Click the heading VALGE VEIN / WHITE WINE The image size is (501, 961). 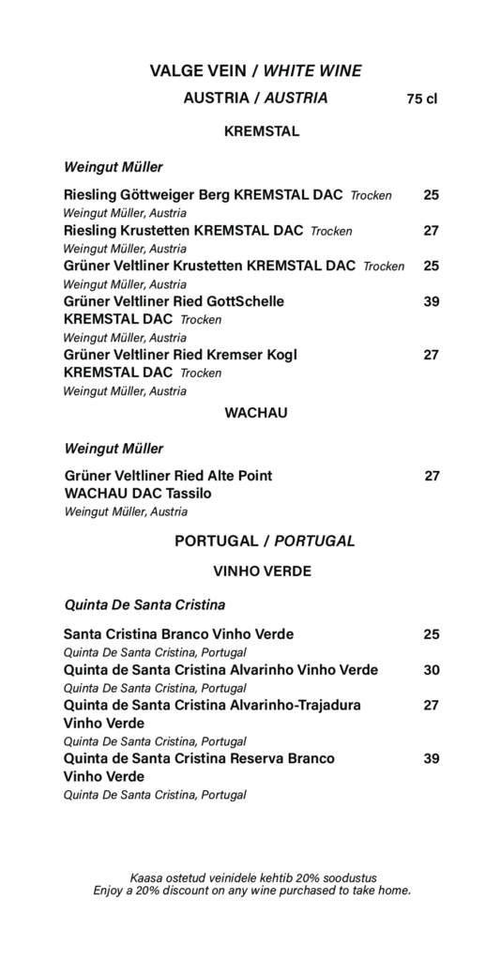(x=255, y=70)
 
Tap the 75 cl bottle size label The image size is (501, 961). (x=422, y=99)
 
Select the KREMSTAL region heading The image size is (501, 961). (x=262, y=132)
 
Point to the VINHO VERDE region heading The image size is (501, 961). (x=262, y=571)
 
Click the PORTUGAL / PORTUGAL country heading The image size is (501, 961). (x=265, y=542)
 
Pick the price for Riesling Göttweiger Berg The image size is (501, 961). (x=431, y=195)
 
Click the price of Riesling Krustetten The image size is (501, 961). (x=431, y=231)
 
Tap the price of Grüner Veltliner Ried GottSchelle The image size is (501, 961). (x=431, y=301)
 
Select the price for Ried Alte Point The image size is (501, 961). (x=432, y=476)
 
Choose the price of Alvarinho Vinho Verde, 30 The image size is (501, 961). (x=431, y=670)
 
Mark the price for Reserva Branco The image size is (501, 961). (x=431, y=758)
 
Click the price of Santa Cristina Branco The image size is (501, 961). (x=431, y=634)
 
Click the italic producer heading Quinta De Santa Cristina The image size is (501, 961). (x=144, y=604)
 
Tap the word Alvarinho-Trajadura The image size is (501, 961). (x=296, y=705)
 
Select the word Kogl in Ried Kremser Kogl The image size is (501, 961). (x=281, y=355)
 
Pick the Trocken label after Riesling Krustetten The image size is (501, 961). (x=331, y=232)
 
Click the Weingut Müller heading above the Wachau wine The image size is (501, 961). (x=114, y=449)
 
